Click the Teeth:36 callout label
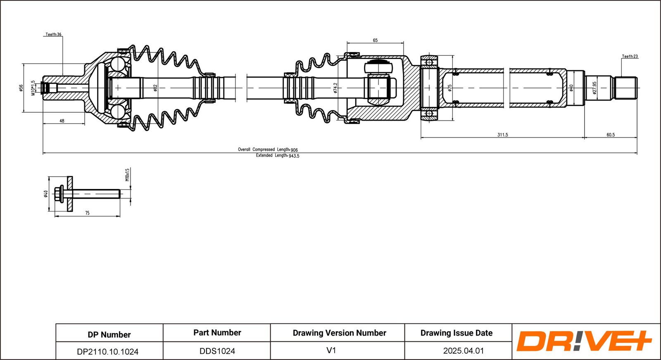tap(53, 35)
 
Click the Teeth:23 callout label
tap(630, 57)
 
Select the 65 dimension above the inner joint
tap(375, 40)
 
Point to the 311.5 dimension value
tap(502, 135)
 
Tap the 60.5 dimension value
tap(611, 135)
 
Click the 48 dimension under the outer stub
tap(62, 121)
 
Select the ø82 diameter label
tap(155, 88)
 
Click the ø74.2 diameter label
tap(335, 88)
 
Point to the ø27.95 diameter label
tap(594, 88)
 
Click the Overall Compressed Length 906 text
tap(268, 149)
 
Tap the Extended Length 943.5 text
tap(277, 156)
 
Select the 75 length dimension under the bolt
tap(87, 213)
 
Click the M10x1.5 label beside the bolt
tap(127, 175)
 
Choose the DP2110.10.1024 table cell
tap(108, 352)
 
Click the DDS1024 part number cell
tap(217, 351)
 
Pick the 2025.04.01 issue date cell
tap(463, 351)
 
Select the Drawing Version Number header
tap(339, 333)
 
